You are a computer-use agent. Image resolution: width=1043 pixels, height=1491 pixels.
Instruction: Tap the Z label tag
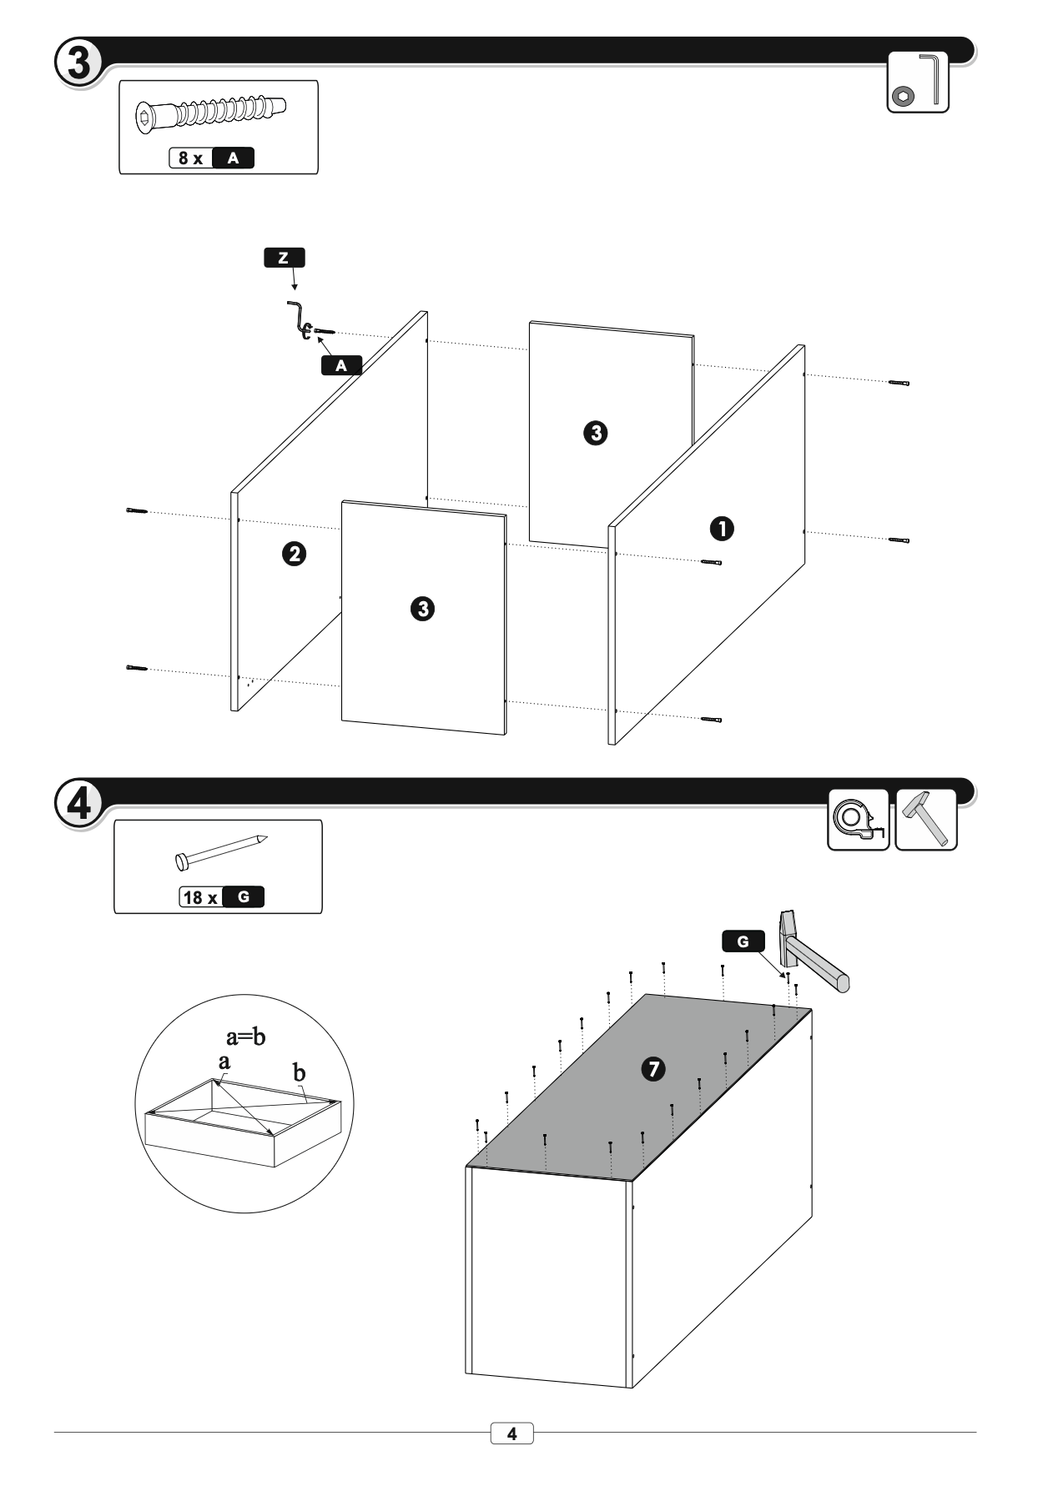(284, 258)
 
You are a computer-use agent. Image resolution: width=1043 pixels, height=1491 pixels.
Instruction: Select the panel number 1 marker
(722, 528)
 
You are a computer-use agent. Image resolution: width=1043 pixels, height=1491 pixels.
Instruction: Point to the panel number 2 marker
(294, 554)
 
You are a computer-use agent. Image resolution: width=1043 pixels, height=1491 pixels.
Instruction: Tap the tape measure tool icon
(858, 820)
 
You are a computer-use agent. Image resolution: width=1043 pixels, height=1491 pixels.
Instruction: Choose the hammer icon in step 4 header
(926, 820)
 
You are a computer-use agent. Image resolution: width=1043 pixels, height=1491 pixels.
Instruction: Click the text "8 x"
(191, 158)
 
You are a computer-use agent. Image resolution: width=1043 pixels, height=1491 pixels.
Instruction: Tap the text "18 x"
(200, 898)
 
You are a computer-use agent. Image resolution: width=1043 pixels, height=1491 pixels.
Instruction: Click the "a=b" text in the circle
(246, 1037)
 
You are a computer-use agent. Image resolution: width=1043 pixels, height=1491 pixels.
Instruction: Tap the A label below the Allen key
(341, 365)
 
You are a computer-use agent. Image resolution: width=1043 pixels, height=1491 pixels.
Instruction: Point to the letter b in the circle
(299, 1072)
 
